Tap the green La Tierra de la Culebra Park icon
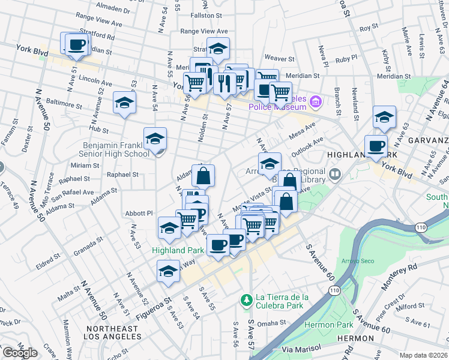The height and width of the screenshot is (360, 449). pos(245,299)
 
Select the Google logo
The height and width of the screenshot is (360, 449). pos(20,353)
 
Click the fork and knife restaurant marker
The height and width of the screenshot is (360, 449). pos(224,83)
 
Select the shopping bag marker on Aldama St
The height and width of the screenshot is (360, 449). pos(203,175)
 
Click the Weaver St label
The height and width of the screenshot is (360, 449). pos(279,59)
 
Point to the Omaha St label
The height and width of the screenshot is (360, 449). pos(272,323)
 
